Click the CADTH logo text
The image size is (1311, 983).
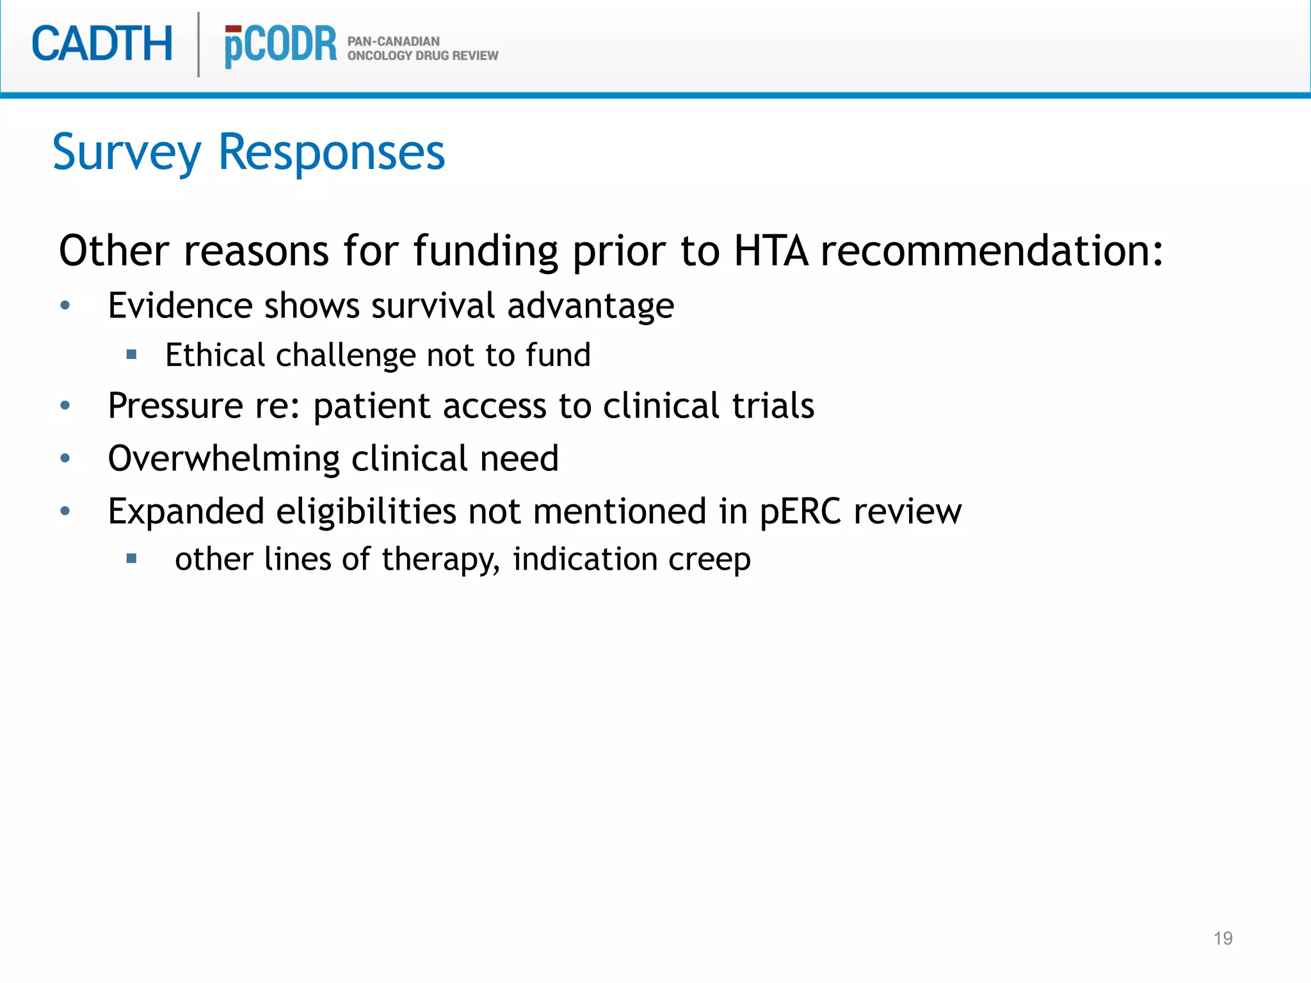coord(102,44)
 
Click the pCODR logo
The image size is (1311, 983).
coord(280,45)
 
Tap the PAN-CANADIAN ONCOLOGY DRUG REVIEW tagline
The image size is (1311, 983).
coord(422,49)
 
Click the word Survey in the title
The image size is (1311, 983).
coord(127,154)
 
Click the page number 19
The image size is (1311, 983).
coord(1223,938)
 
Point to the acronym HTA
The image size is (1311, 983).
coord(771,250)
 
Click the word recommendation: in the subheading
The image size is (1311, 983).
coord(992,250)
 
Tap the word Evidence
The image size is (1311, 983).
coord(179,305)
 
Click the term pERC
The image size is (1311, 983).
coord(800,512)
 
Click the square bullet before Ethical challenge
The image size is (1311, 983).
coord(132,355)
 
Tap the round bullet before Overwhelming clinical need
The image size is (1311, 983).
coord(65,458)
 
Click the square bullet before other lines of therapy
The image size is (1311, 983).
coord(132,559)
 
